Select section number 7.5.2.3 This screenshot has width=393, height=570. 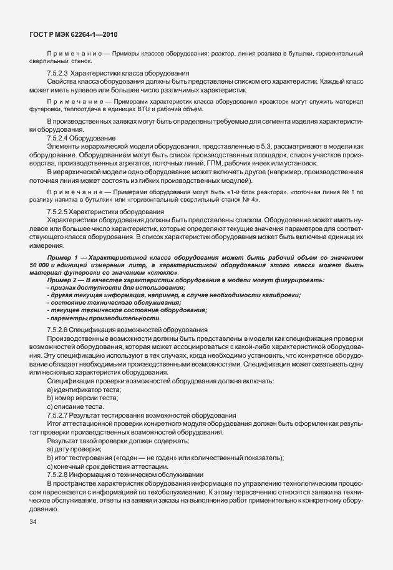pos(57,74)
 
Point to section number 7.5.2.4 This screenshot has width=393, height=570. pos(57,137)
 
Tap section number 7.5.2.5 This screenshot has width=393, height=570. pos(57,212)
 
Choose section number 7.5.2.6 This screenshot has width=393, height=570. pos(57,329)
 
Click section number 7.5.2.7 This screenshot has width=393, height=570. pos(57,415)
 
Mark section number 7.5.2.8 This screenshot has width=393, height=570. pos(57,473)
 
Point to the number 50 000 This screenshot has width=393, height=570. pos(40,265)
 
